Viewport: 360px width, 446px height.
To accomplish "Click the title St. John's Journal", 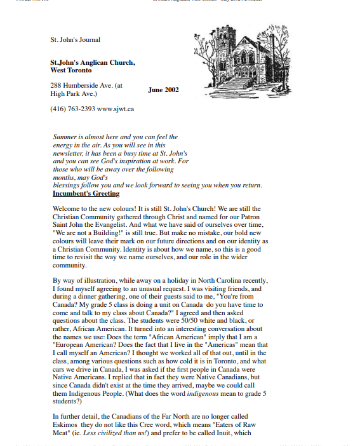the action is [76, 39].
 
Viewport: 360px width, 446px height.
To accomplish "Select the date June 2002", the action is [163, 90].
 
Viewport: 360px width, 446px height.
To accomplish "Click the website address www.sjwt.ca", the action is [116, 109].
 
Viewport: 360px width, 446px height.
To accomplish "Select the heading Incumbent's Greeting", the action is [86, 193].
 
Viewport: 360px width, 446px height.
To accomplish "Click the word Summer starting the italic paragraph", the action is [65, 137].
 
